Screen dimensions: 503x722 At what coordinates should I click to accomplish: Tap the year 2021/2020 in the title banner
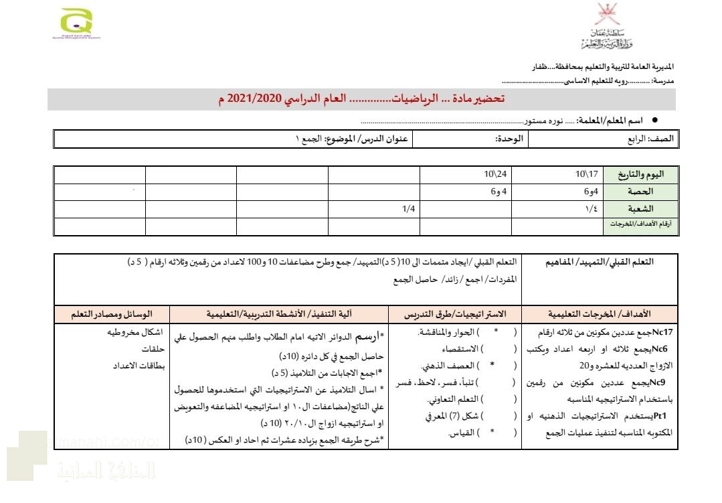(251, 99)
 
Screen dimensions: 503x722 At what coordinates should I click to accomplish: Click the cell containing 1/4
(409, 209)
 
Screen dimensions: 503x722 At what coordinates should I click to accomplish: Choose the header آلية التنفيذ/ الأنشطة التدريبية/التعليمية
(280, 313)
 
